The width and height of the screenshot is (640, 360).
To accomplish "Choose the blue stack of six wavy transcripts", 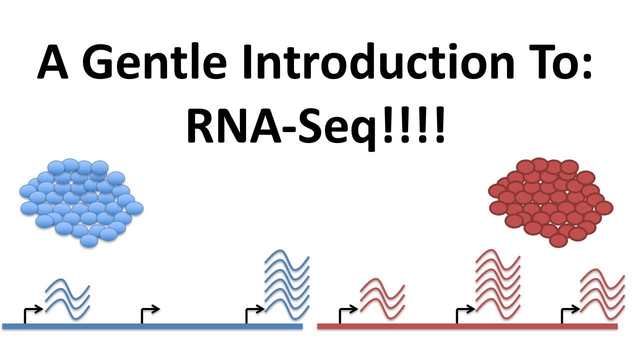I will (287, 282).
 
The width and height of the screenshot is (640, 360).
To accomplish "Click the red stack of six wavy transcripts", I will (498, 282).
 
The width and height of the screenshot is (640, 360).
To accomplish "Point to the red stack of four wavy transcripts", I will (602, 293).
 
